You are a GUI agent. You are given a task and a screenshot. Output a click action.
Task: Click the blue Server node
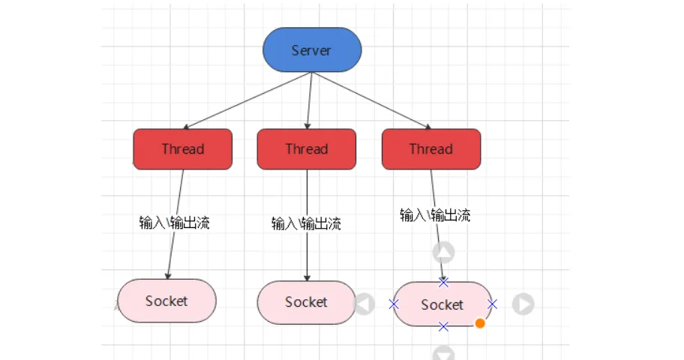click(x=312, y=49)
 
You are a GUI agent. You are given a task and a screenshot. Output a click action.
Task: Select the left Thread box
click(x=183, y=148)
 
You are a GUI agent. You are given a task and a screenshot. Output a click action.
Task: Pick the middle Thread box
click(x=307, y=148)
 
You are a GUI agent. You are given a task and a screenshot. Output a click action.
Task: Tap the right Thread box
click(x=431, y=148)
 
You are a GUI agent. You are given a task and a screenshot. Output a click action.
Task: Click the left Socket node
click(x=166, y=301)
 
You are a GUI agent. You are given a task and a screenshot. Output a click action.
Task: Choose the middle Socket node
click(x=306, y=302)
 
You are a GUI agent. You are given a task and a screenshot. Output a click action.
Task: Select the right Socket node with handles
click(x=442, y=304)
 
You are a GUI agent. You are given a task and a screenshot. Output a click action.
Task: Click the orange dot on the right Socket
click(x=480, y=323)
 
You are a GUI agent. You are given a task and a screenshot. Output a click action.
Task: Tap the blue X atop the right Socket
click(x=443, y=282)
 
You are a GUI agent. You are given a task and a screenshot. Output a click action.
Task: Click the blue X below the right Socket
click(x=443, y=326)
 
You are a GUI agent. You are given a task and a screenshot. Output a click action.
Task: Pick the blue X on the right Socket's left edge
click(x=394, y=304)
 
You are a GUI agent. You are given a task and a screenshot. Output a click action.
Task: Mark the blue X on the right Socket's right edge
click(x=493, y=304)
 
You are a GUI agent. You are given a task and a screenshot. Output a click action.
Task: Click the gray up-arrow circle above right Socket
click(x=443, y=252)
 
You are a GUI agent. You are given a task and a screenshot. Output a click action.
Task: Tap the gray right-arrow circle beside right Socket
click(x=523, y=304)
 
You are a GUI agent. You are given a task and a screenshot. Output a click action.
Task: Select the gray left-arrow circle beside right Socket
click(x=364, y=304)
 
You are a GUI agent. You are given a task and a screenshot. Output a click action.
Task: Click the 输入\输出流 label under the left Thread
click(x=175, y=223)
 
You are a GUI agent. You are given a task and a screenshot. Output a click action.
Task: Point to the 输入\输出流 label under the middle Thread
click(x=306, y=223)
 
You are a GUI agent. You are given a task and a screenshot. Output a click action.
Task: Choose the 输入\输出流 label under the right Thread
click(x=435, y=215)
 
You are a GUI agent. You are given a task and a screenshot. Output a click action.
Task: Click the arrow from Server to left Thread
click(x=247, y=100)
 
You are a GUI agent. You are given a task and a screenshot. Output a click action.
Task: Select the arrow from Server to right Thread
click(x=372, y=100)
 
